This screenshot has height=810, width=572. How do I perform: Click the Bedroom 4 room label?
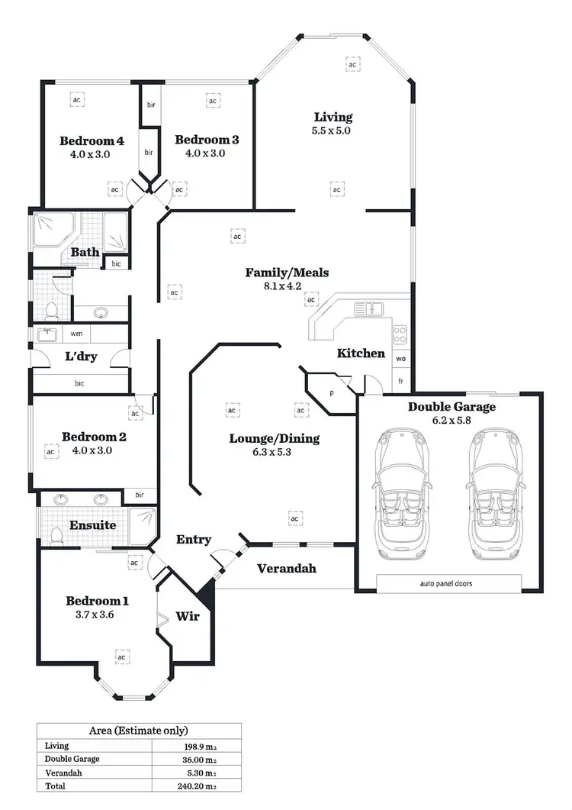pos(92,140)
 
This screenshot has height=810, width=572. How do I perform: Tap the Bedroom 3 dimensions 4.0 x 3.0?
pos(207,153)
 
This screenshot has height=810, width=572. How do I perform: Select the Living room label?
pos(333,117)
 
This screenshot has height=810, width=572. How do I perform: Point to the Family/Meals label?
pos(277,273)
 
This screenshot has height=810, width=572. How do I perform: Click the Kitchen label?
pos(361,353)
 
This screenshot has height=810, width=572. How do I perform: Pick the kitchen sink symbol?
pos(369,309)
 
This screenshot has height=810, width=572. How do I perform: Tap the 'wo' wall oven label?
pos(400,357)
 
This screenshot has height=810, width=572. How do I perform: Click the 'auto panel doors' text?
pos(446,583)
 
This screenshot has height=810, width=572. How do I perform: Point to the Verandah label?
pos(286,569)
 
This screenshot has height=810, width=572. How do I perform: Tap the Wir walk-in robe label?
pos(188,616)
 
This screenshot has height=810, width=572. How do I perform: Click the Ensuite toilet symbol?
pos(54,536)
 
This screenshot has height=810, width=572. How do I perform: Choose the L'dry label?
pos(79,357)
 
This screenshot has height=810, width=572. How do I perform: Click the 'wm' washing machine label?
pos(76,334)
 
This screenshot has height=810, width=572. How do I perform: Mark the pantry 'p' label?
pos(332,392)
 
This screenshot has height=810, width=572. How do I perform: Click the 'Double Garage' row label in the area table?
pos(72,759)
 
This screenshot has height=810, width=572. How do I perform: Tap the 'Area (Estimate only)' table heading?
pos(139,731)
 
